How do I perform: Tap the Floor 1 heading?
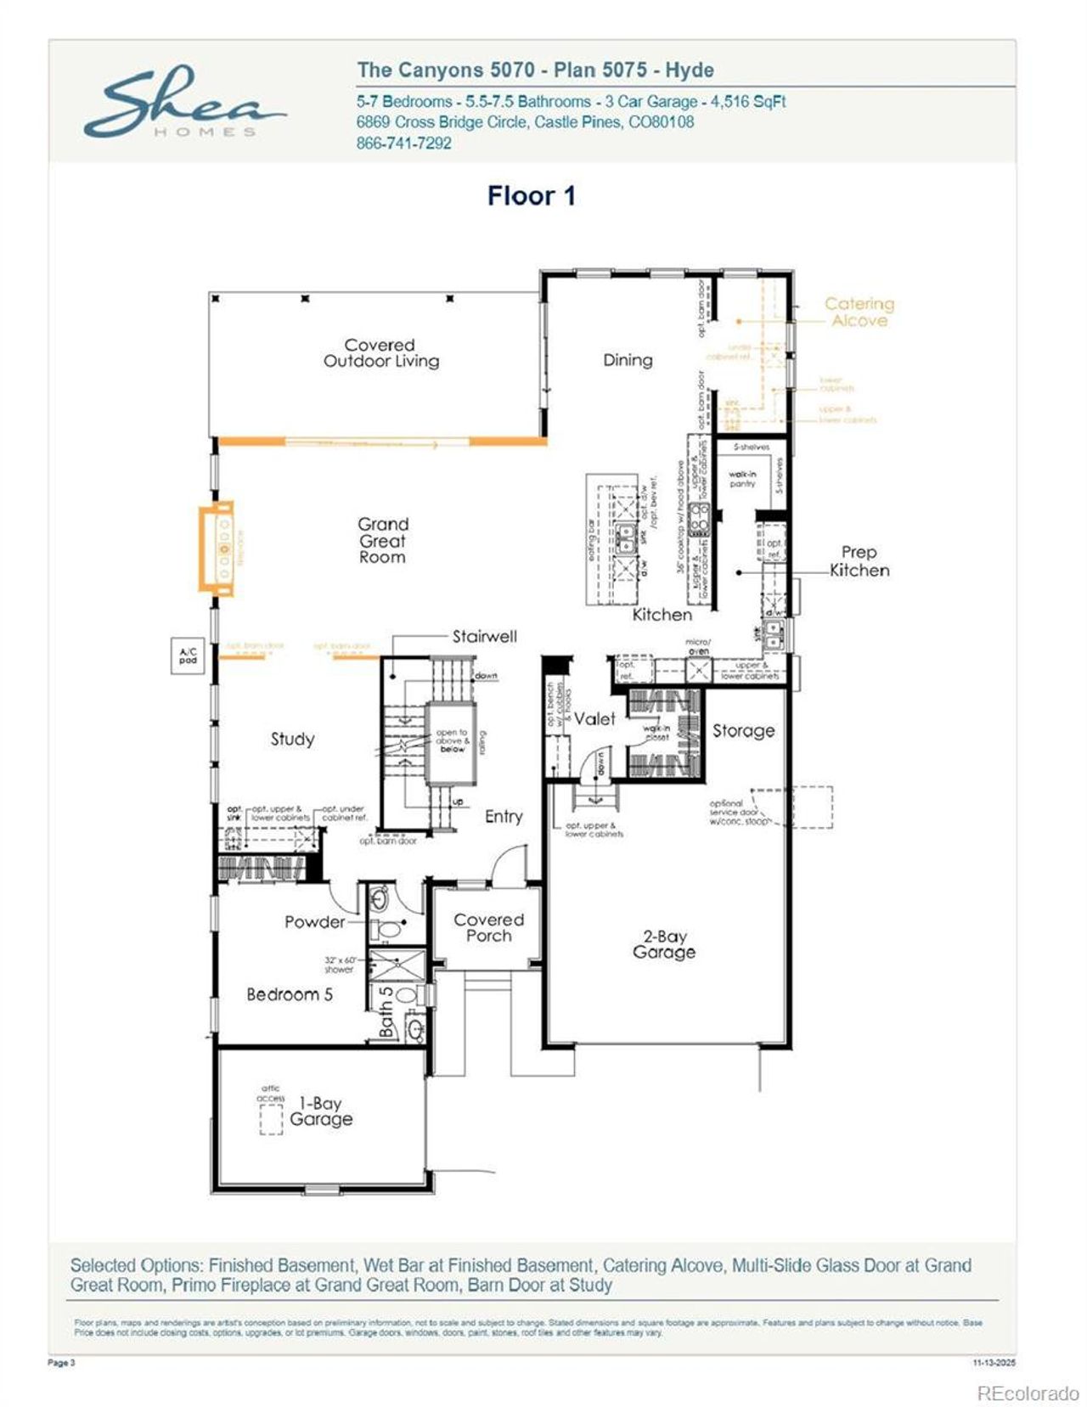tap(532, 195)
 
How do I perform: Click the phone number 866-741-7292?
tap(403, 143)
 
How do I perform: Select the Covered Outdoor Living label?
tap(380, 352)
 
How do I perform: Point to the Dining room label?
tap(628, 360)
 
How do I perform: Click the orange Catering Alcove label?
tap(859, 312)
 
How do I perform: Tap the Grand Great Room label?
tap(382, 540)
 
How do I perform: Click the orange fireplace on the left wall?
tap(216, 547)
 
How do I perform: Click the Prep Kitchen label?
tap(859, 561)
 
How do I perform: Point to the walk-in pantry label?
tap(742, 479)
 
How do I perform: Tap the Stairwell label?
tap(483, 637)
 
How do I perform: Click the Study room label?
tap(292, 739)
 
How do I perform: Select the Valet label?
tap(594, 718)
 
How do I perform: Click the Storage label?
tap(743, 730)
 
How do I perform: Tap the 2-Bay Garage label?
tap(663, 943)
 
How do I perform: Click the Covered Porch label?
tap(488, 927)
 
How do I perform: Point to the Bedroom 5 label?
tap(290, 994)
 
